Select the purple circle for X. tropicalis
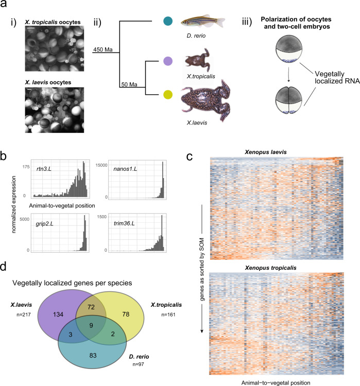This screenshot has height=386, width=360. tap(166, 61)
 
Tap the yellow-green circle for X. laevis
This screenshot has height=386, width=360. tap(166, 94)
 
